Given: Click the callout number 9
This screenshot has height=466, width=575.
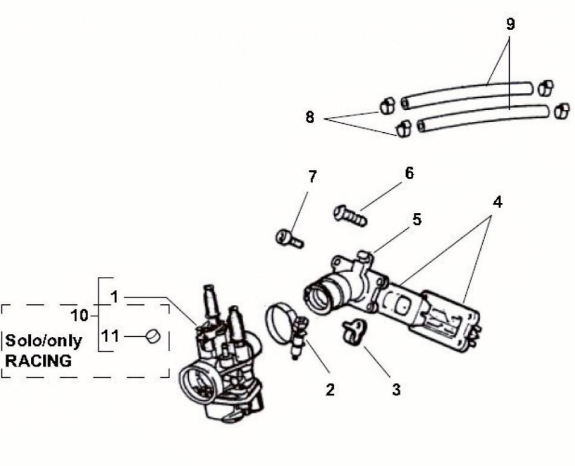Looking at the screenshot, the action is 510,24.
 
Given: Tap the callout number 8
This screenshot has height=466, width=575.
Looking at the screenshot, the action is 310,118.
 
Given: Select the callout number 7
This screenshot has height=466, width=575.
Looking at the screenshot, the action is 312,177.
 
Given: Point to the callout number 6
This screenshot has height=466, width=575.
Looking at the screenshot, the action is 409,173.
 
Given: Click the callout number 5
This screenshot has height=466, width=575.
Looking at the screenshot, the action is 417,220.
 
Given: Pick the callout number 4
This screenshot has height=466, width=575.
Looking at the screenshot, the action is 497,202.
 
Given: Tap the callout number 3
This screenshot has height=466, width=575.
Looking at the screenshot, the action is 396,389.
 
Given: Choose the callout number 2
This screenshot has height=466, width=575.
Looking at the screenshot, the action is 330,389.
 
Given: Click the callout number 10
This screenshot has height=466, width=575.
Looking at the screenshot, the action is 80,316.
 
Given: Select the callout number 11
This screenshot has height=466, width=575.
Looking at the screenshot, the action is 110,336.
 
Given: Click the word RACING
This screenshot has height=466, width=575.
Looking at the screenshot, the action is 38,361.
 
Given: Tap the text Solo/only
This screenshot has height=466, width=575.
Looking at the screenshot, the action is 43,341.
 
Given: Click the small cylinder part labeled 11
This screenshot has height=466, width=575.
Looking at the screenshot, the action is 153,336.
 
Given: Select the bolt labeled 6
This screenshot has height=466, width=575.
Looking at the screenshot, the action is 350,215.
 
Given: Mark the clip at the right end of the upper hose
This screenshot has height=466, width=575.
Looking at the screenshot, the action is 546,88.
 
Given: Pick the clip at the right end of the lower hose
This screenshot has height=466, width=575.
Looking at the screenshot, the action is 562,110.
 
